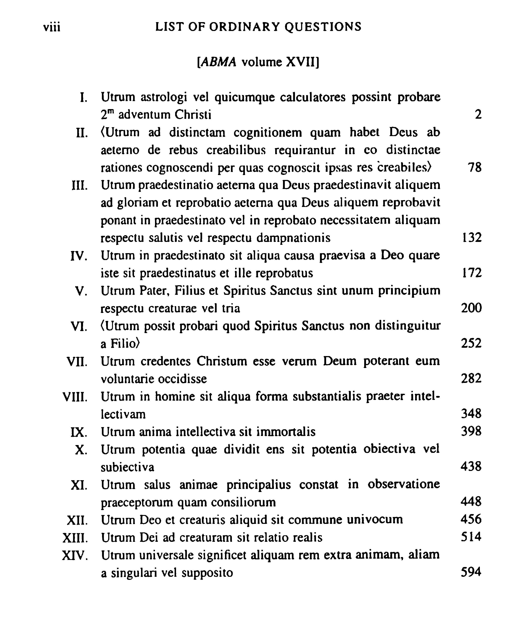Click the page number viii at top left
pyautogui.click(x=52, y=27)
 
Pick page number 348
pyautogui.click(x=471, y=414)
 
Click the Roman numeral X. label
pyautogui.click(x=81, y=450)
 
